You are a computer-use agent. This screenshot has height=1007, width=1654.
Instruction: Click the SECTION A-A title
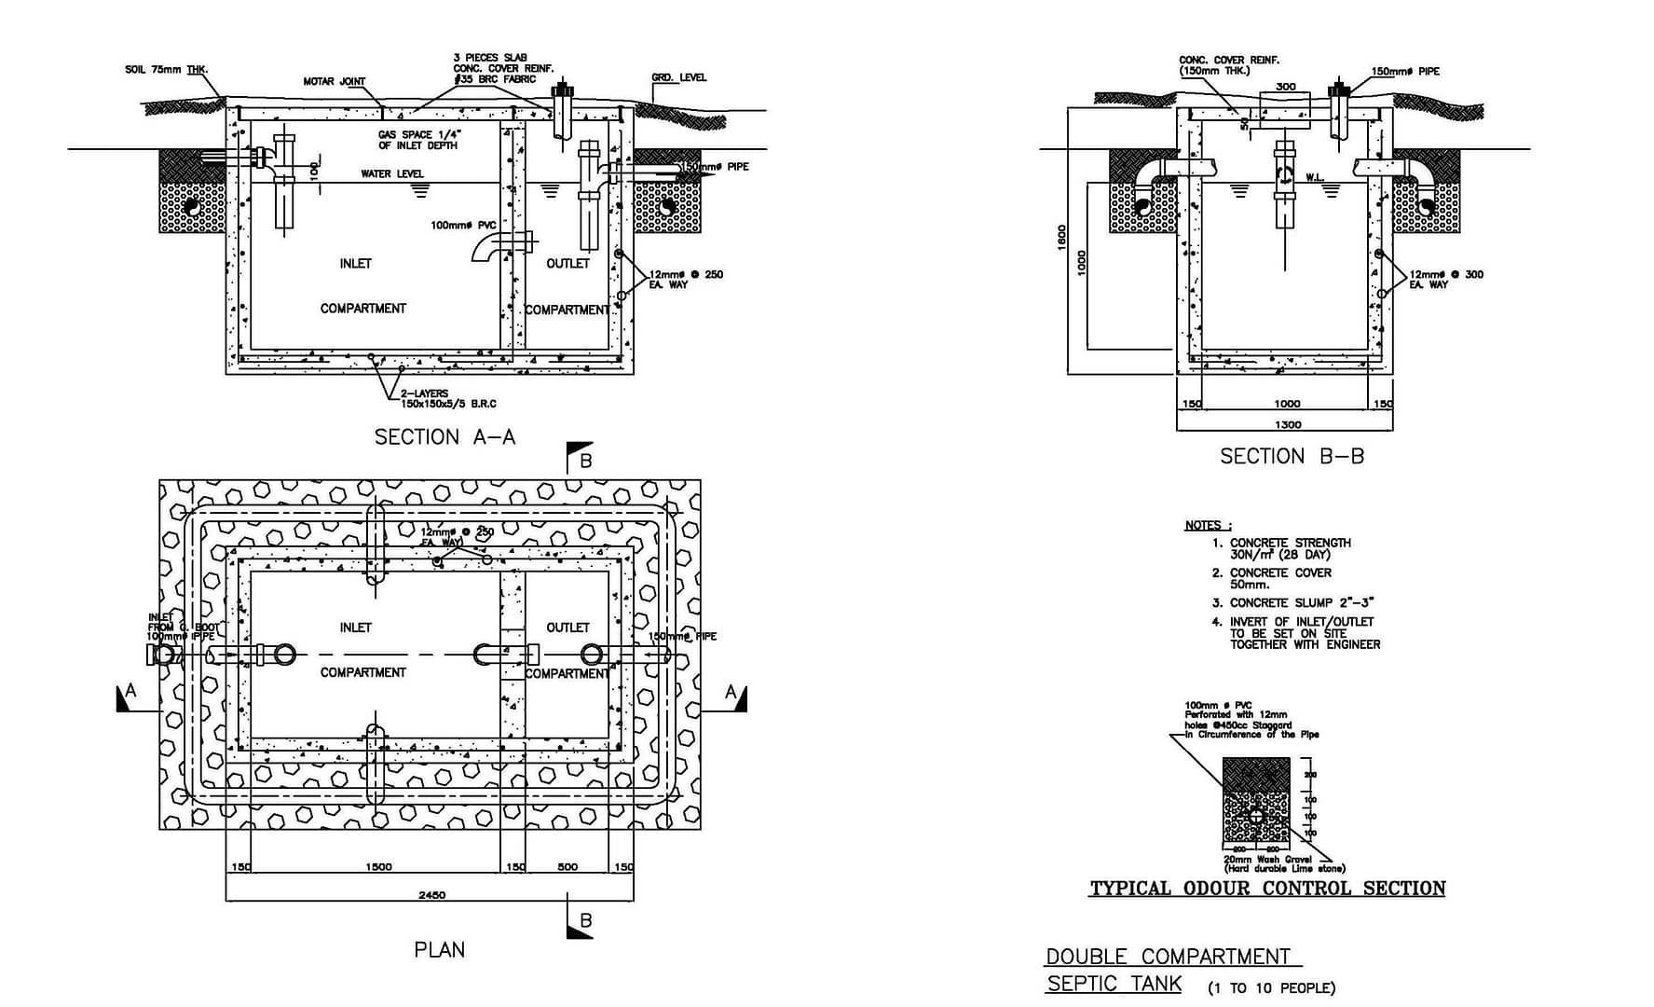coord(444,437)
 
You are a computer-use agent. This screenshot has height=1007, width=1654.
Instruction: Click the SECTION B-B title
coord(1292,457)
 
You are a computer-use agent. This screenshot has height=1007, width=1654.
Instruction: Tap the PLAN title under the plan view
coord(439,950)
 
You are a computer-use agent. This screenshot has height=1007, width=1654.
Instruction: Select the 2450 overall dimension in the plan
coord(431,895)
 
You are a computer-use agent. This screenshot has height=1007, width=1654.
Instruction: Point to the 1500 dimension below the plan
coord(378,867)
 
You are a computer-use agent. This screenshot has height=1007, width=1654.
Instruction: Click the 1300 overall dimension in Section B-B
coord(1287,425)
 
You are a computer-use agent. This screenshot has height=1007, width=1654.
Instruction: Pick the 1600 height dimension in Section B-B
coord(1062,237)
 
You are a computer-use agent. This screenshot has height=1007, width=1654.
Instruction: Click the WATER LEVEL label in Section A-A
coord(392,174)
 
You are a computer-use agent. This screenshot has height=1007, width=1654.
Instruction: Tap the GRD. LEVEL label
coord(678,77)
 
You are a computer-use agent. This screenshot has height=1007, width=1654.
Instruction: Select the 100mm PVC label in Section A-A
coord(463,226)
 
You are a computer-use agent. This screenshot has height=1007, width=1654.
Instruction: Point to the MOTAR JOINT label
coord(335,82)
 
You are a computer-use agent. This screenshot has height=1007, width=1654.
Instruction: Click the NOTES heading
coord(1208,526)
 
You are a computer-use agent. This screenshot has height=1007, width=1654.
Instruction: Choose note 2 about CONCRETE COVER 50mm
coord(1279,578)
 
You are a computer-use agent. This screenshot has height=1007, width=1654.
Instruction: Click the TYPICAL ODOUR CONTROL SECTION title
coord(1267,889)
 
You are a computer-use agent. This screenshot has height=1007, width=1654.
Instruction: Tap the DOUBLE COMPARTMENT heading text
coord(1168,957)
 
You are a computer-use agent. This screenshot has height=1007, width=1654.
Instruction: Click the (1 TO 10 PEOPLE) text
coord(1271,988)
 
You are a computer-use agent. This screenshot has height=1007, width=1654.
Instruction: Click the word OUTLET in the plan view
coord(567,628)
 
